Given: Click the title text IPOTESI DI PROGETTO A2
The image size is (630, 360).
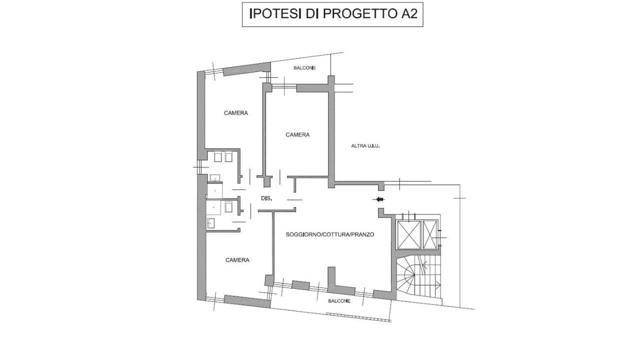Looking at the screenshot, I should [332, 14].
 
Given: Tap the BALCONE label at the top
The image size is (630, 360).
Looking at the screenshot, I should [304, 68].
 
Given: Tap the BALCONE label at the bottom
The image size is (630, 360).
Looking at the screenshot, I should [339, 301].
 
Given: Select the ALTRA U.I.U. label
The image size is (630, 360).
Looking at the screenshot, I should [365, 146].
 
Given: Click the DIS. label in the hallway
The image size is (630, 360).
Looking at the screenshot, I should [266, 199].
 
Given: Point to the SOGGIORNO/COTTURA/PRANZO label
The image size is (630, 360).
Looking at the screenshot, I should [330, 234].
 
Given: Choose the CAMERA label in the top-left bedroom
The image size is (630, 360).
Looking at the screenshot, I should [235, 113].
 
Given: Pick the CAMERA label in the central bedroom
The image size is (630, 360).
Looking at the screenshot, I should [297, 134].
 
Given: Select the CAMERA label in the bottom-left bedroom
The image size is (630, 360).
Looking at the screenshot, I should [237, 260].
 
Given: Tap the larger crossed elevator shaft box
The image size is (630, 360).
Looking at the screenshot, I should [408, 234].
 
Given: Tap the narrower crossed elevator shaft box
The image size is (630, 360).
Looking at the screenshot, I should [430, 233].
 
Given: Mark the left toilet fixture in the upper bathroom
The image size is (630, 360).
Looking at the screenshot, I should [218, 157].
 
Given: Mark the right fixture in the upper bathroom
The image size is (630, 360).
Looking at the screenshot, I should [228, 157].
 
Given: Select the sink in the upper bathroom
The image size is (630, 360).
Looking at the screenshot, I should [215, 177].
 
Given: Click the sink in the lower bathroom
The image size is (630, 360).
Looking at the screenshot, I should [211, 223].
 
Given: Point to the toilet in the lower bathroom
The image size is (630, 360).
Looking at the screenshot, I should [228, 207].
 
